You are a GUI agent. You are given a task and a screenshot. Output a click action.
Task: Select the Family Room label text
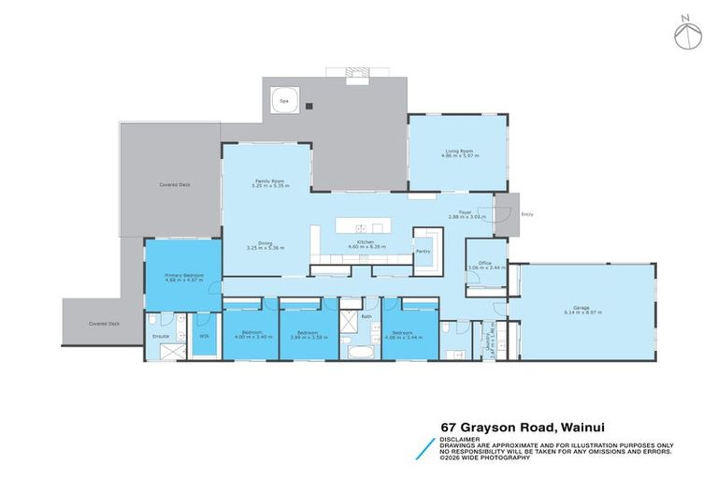[269, 182]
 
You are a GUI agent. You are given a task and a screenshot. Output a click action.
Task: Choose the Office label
[486, 263]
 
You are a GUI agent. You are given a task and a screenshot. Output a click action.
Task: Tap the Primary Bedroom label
[183, 277]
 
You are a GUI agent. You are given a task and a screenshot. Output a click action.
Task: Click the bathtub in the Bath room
[359, 354]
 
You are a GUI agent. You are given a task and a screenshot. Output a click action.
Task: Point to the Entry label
[526, 215]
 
